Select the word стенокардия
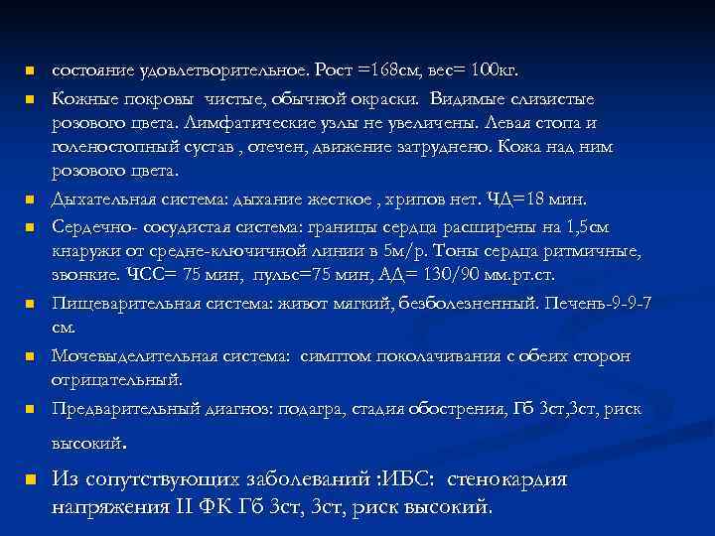[x=507, y=479]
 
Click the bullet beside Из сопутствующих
[x=31, y=480]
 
